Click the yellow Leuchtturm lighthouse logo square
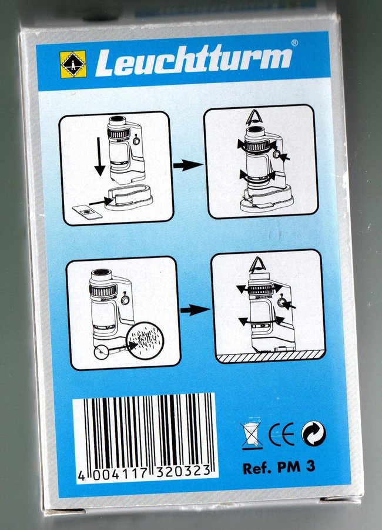[73, 64]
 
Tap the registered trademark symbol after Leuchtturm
[294, 43]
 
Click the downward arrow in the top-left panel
[99, 157]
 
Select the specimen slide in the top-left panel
[88, 212]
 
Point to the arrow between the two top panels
[188, 165]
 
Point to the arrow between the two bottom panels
[195, 310]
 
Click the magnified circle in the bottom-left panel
[145, 340]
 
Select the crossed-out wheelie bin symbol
[252, 436]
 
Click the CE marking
[281, 434]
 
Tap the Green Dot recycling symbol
[313, 433]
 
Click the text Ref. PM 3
[279, 467]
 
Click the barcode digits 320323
[183, 471]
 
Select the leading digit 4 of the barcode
[81, 475]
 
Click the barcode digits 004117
[120, 474]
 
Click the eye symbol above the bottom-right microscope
[257, 264]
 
